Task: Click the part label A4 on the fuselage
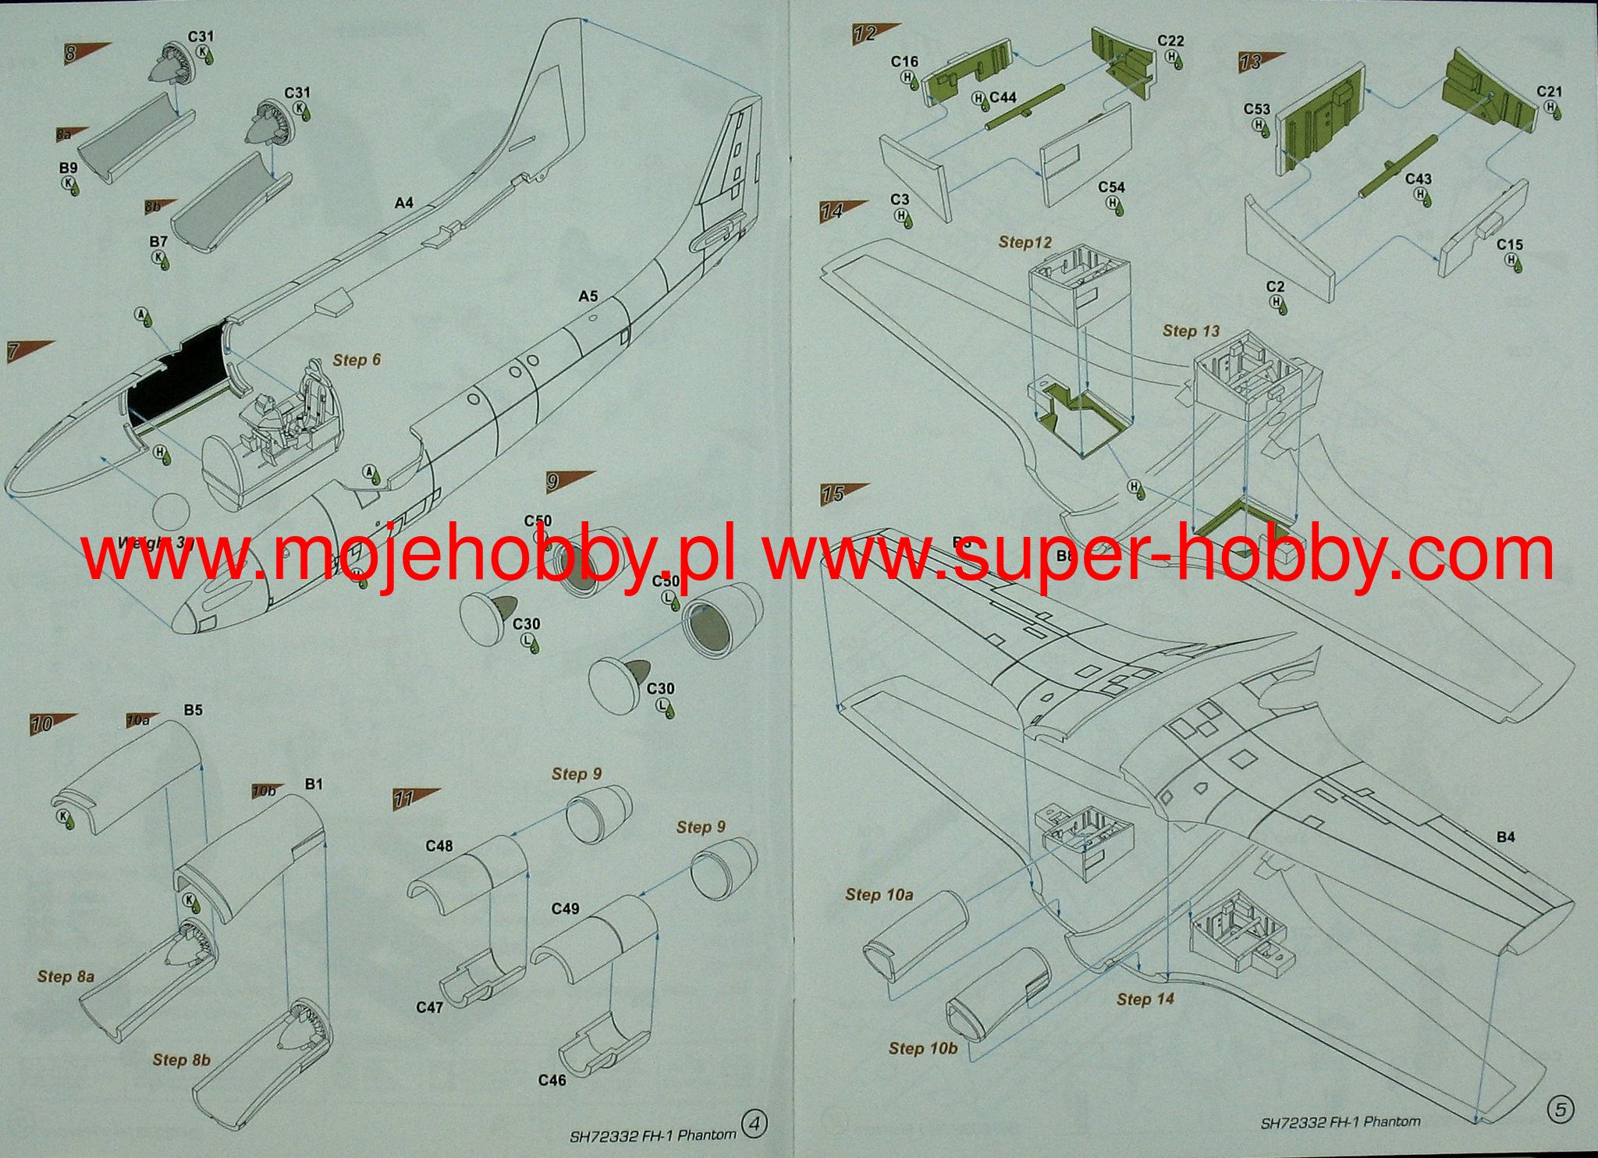pos(403,203)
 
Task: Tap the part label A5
pos(588,296)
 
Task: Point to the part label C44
pos(1003,98)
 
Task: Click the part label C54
pos(1111,187)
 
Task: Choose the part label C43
pos(1418,179)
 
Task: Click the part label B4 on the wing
pos(1505,837)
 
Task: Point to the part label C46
pos(552,1080)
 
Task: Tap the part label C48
pos(439,846)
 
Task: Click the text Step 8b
pos(182,1059)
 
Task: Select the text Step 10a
pos(879,895)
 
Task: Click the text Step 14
pos(1145,999)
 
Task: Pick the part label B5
pos(193,710)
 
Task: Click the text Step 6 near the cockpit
pos(357,360)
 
